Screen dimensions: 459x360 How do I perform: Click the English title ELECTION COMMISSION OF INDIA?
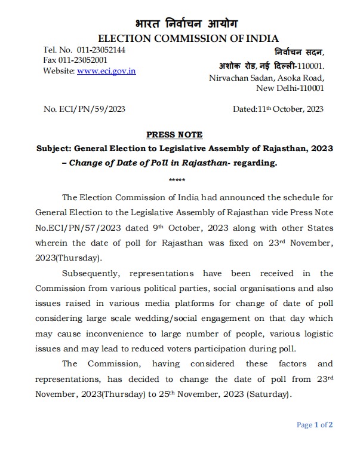(x=187, y=38)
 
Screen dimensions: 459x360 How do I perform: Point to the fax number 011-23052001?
(x=84, y=60)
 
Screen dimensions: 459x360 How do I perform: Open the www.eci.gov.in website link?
(x=106, y=71)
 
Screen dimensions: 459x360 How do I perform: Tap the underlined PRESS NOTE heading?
(x=174, y=134)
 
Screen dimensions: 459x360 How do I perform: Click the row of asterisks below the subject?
(x=177, y=180)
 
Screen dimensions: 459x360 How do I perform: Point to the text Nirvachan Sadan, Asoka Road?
(x=266, y=78)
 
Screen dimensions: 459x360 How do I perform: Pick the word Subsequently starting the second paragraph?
(x=93, y=273)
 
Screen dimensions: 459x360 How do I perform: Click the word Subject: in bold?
(x=55, y=148)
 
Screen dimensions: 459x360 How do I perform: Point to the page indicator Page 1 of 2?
(x=315, y=426)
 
